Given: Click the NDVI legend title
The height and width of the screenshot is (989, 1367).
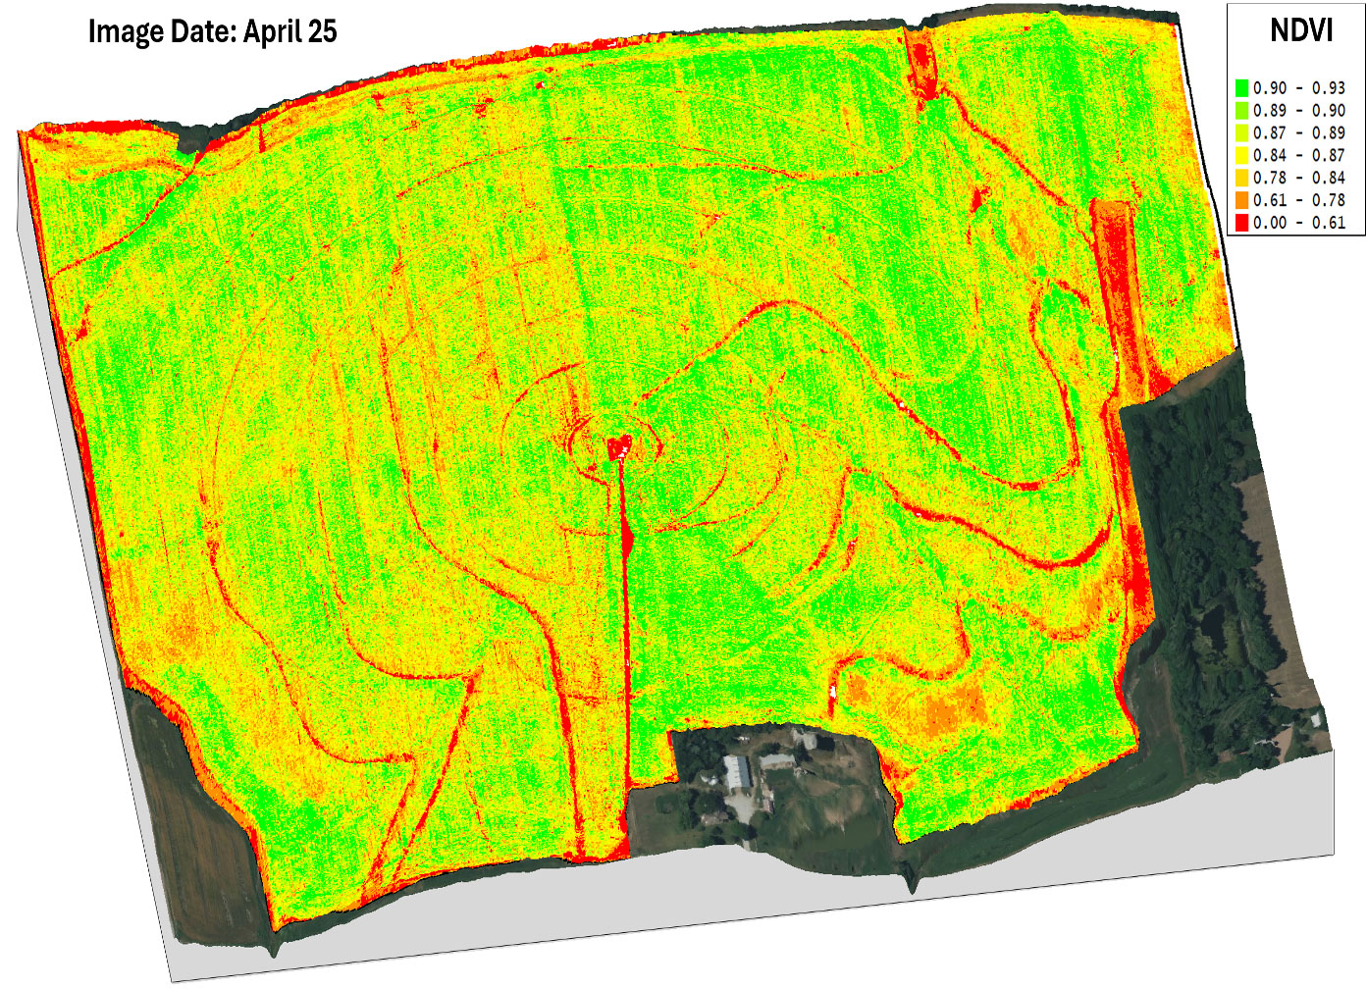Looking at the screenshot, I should [x=1300, y=30].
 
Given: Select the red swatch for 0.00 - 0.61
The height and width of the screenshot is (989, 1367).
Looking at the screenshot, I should [x=1241, y=223].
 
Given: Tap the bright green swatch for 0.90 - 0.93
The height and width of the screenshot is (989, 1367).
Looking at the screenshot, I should [x=1241, y=88].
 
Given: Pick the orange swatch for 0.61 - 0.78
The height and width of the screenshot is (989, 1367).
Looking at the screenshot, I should [x=1241, y=200].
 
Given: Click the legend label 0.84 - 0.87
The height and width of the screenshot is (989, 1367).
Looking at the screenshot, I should [x=1298, y=155].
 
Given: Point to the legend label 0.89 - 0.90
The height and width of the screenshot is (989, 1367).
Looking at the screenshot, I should [x=1298, y=111].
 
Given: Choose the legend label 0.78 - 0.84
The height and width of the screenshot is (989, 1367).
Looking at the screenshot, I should [x=1298, y=178].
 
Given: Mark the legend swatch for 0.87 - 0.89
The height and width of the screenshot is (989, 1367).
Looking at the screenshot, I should [x=1241, y=133].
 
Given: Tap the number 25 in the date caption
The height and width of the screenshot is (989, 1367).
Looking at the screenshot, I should [x=321, y=31].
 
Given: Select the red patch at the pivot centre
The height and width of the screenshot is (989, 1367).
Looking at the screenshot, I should [x=619, y=448].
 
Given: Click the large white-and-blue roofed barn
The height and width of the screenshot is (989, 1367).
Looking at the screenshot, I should [x=738, y=773].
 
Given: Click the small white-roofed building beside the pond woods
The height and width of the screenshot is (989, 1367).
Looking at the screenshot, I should [x=1314, y=719].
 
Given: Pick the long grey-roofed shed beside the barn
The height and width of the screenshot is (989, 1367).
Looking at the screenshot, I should [x=778, y=761].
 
